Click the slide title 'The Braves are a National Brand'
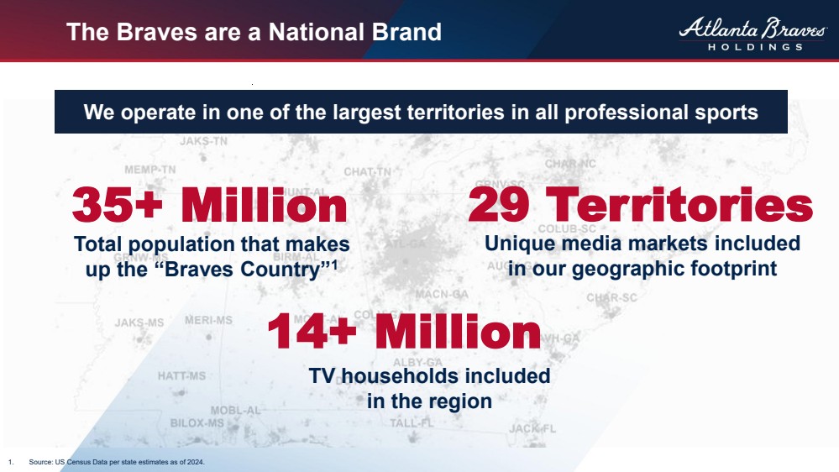click(x=254, y=33)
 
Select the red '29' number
click(x=502, y=205)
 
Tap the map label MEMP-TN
click(x=150, y=169)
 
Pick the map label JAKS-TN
click(x=203, y=141)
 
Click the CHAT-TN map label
click(x=367, y=172)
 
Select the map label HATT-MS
click(x=181, y=375)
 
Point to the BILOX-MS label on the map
click(x=197, y=423)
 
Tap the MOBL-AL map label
click(x=235, y=410)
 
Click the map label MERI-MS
click(x=208, y=320)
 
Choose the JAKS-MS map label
click(x=139, y=323)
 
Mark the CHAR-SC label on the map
click(x=611, y=297)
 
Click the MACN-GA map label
click(x=442, y=294)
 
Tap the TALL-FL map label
click(x=412, y=423)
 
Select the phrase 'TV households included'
click(x=429, y=375)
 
